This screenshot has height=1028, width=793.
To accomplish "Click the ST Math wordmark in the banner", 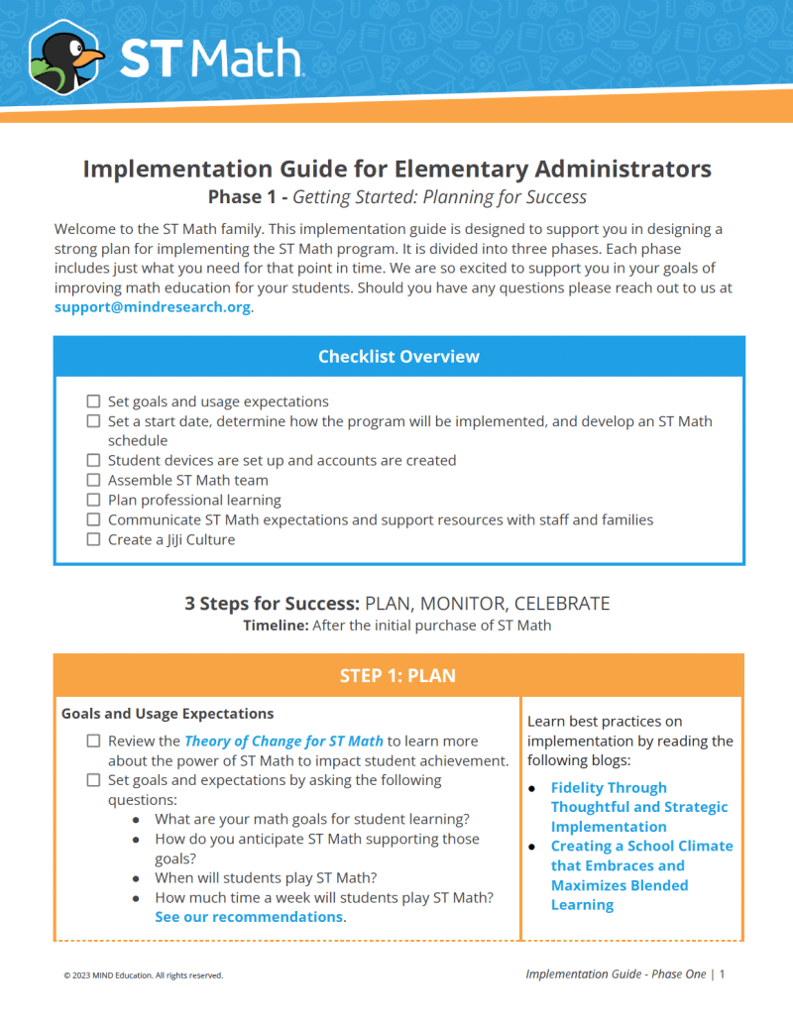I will (x=210, y=59).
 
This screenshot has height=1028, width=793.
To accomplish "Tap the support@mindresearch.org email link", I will (x=153, y=307).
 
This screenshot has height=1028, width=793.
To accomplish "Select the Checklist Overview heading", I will (x=398, y=357).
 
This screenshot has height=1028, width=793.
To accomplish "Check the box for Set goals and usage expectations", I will (x=93, y=401).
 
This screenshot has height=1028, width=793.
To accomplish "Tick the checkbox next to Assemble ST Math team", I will (x=93, y=481).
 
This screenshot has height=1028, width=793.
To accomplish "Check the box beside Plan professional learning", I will (x=93, y=501).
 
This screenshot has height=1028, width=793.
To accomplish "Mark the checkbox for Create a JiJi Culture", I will (x=93, y=540).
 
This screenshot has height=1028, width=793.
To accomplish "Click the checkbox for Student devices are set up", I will (x=93, y=461).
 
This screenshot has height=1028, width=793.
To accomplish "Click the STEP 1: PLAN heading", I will (x=397, y=676).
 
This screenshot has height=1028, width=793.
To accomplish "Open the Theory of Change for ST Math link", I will (x=283, y=741).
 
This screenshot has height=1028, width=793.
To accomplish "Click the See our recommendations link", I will (x=249, y=917).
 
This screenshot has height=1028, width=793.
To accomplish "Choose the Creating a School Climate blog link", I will (x=640, y=865).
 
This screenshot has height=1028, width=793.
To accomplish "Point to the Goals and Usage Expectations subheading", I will (x=168, y=714).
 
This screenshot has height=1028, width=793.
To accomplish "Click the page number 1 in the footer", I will (x=723, y=974).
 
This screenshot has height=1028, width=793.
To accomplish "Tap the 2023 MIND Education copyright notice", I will (x=144, y=975).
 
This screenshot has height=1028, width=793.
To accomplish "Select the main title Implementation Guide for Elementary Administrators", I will (x=396, y=169).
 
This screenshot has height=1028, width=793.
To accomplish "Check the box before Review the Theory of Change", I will (x=93, y=741).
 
